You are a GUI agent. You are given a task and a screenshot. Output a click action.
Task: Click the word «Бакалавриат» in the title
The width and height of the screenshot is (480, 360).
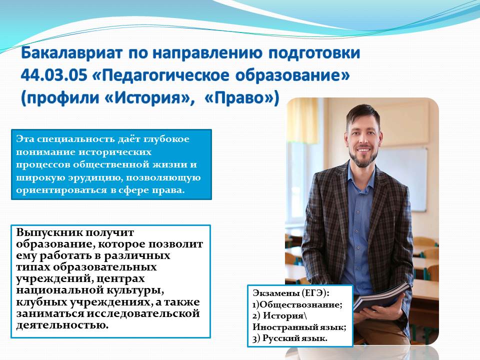click(x=72, y=52)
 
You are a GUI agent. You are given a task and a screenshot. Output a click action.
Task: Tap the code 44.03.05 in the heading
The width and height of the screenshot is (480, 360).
click(x=54, y=75)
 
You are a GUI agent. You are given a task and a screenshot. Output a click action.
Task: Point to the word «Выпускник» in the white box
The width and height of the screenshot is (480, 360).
click(x=49, y=232)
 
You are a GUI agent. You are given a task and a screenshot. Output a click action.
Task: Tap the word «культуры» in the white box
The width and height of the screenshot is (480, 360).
click(x=134, y=290)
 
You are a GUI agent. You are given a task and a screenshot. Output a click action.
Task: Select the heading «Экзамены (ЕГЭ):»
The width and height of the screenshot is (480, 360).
click(x=291, y=293)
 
